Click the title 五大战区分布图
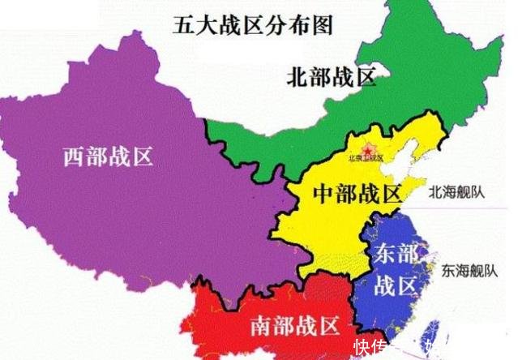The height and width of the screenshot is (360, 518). tap(252, 25)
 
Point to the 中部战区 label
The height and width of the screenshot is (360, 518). tap(357, 194)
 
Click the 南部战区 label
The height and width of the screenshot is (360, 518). tap(293, 328)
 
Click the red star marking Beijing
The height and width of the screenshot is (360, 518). tap(366, 149)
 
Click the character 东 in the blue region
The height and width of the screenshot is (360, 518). tap(385, 253)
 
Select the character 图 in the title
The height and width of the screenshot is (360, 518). tap(322, 25)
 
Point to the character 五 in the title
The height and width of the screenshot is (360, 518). tap(183, 25)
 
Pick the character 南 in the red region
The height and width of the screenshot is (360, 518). tap(260, 328)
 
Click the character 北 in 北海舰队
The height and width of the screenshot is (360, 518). tap(436, 193)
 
